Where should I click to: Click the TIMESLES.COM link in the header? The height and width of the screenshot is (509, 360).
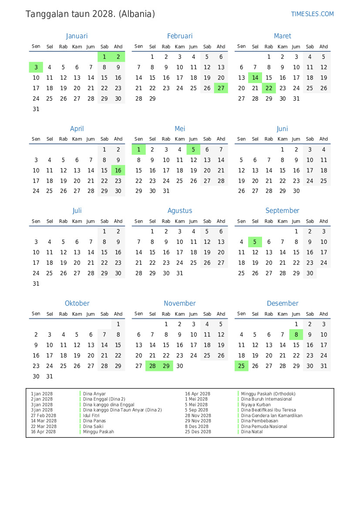[312, 14]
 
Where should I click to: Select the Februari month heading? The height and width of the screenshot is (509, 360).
[180, 36]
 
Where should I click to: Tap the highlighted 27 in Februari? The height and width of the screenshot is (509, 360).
[221, 88]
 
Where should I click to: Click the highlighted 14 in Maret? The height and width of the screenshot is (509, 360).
[255, 78]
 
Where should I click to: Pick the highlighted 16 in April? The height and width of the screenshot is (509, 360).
[118, 170]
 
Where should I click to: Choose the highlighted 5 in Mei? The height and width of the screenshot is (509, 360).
[193, 150]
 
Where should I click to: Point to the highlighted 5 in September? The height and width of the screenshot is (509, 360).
[255, 242]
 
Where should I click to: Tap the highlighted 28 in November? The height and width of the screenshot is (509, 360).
[152, 366]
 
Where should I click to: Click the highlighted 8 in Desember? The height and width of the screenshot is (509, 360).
[296, 335]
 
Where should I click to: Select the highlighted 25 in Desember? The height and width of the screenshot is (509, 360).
[242, 366]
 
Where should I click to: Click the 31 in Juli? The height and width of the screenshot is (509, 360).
[36, 283]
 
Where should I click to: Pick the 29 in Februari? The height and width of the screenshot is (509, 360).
[152, 98]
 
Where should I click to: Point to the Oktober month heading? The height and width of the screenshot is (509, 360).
[77, 303]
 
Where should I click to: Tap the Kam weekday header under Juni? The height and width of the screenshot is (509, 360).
[283, 139]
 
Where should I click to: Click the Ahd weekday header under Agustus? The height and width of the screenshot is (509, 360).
[221, 221]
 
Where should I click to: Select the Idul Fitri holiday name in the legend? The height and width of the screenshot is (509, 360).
[91, 415]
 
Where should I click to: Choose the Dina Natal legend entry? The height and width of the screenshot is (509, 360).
[252, 432]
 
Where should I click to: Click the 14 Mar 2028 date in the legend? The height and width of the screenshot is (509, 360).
[44, 421]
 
